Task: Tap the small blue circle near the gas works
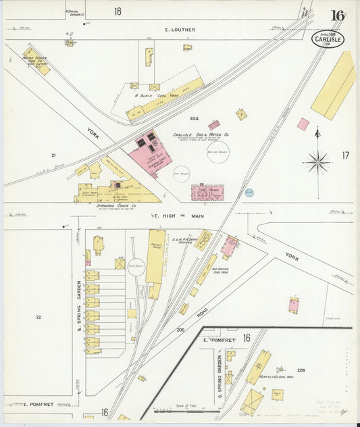pos(249,193)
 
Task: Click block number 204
pos(194,118)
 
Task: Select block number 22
pos(38,317)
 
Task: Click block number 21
pos(53,155)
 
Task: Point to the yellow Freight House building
pos(156,256)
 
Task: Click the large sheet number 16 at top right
pos(336,16)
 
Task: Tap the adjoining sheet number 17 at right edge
pos(345,155)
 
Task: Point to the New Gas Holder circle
pos(217,151)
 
